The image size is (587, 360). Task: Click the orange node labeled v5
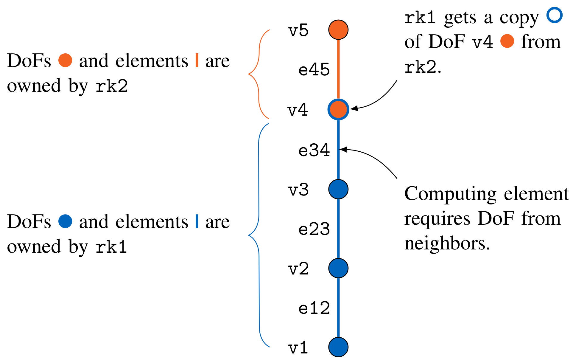coord(338,30)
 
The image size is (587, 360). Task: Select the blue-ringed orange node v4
coord(338,109)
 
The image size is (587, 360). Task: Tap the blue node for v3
coord(338,189)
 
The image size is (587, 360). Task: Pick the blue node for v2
coord(338,268)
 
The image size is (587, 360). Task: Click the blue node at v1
coord(338,347)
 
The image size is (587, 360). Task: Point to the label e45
coord(314,70)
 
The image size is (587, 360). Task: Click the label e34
coord(314,150)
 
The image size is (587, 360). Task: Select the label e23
coord(314,229)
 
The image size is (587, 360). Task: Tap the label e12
coord(314,308)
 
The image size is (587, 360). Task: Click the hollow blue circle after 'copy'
coord(555,15)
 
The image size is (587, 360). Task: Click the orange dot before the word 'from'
coord(507,41)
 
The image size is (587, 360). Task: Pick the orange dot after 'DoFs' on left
coord(65,60)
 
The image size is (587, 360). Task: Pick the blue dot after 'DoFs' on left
coord(65,221)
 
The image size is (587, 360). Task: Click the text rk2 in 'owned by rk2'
coord(112,86)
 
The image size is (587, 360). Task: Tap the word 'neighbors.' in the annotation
coord(447,244)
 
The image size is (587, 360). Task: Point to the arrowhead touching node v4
coord(354,108)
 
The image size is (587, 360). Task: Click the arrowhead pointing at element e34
coord(343,149)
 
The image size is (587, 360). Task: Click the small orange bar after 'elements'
coord(197,60)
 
